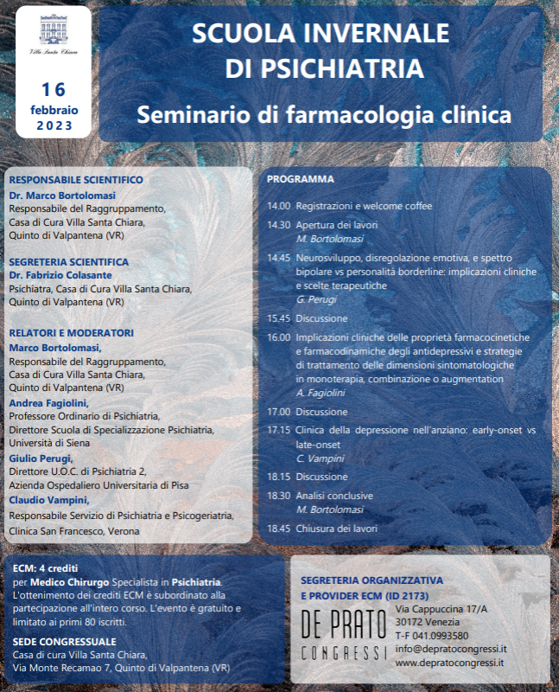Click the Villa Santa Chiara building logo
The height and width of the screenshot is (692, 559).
[x=52, y=35]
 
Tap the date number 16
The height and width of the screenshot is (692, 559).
[x=54, y=89]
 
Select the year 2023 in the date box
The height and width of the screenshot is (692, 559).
[x=54, y=126]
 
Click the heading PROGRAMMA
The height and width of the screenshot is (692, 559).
[x=301, y=179]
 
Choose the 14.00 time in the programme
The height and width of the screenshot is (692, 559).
[x=278, y=207]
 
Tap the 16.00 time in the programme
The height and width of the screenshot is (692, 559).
[x=278, y=337]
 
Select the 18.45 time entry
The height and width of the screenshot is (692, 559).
[x=278, y=529]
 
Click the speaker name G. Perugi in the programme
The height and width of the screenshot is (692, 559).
[x=316, y=299]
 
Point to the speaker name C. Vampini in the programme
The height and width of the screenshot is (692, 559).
[x=321, y=457]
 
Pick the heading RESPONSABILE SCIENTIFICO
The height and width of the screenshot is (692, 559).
[x=76, y=180]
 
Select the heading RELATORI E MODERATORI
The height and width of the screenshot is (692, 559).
[x=71, y=332]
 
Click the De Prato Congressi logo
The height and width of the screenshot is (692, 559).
[x=342, y=633]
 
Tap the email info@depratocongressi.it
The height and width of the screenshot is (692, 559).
[x=450, y=649]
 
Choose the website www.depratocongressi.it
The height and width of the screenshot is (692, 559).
[x=449, y=663]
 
